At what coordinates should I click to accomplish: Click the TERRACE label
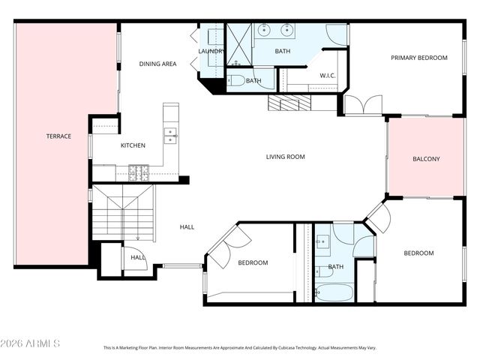click(58, 136)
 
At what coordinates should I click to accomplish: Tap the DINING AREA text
click(157, 64)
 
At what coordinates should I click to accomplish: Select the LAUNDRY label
click(211, 51)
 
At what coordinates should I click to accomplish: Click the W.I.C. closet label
click(327, 75)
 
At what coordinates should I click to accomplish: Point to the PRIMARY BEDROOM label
click(419, 58)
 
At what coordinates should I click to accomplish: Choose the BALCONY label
click(426, 159)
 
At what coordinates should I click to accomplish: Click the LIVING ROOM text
click(285, 157)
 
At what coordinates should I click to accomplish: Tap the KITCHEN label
click(133, 145)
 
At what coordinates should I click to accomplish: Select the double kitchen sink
click(171, 135)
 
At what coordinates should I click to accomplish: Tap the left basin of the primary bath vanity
click(265, 31)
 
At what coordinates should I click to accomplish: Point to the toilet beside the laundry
click(235, 80)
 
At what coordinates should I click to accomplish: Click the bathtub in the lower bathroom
click(334, 292)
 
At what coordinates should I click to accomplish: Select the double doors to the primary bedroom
click(364, 105)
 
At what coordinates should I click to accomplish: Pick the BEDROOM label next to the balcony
click(418, 253)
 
